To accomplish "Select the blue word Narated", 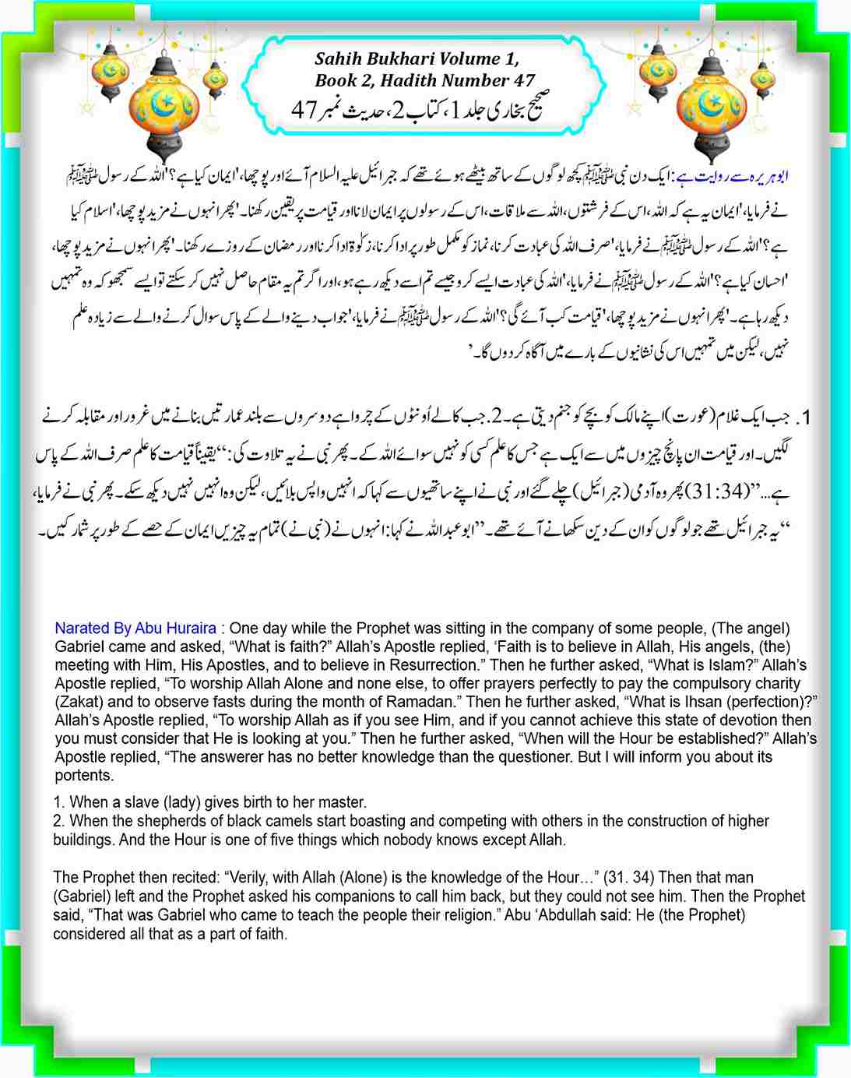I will click(x=81, y=629).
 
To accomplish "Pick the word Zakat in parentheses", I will click(x=78, y=702).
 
